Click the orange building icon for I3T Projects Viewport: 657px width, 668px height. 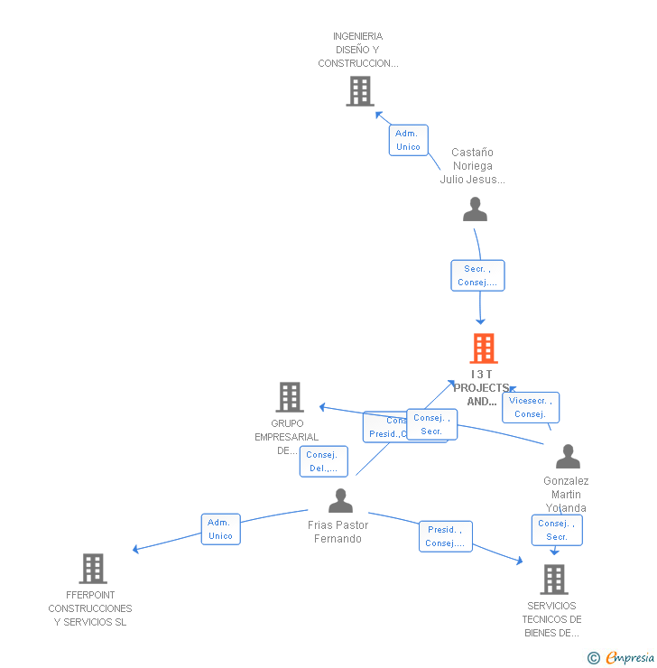[x=484, y=348]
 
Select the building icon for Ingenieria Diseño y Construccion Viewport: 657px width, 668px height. [x=360, y=91]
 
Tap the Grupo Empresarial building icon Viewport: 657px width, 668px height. [x=290, y=397]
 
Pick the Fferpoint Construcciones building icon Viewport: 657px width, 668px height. [x=93, y=569]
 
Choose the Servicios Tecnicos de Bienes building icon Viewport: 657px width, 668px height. [x=553, y=580]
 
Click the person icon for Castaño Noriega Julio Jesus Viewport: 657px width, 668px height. [x=475, y=209]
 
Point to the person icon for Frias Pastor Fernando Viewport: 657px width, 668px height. [x=340, y=501]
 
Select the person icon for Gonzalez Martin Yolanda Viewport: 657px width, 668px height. [x=568, y=457]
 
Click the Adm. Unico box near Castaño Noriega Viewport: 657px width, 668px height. [x=408, y=140]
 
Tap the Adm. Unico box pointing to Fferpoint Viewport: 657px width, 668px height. [x=220, y=529]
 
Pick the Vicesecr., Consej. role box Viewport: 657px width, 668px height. [x=531, y=407]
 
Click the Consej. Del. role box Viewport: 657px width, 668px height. [x=323, y=461]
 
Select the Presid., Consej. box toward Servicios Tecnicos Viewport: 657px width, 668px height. [x=445, y=536]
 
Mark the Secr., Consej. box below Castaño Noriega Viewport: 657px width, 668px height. [x=477, y=275]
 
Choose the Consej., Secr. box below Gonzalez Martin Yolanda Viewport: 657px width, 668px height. [x=556, y=530]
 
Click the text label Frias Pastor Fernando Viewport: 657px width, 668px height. [x=338, y=532]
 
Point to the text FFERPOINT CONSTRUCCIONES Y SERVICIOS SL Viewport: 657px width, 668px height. [x=90, y=608]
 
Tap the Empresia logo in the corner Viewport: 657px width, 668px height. [x=629, y=657]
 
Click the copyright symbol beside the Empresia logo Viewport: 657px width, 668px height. [x=593, y=658]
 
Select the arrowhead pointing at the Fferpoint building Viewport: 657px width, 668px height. [x=135, y=549]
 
